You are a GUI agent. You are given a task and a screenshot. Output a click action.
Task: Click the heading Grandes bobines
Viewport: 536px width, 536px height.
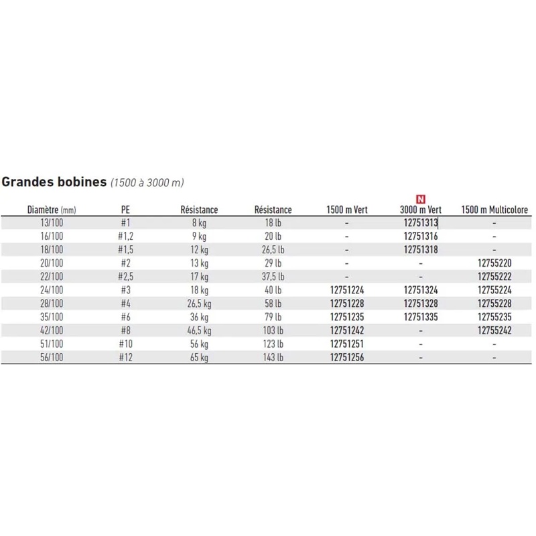pos(55,182)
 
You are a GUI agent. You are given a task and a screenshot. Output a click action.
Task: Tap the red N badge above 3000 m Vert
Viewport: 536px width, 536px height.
pos(421,199)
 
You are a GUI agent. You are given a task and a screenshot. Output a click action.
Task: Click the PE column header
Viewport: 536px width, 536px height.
pos(125,210)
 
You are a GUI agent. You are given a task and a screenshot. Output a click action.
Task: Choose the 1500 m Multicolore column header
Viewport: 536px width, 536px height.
pos(494,210)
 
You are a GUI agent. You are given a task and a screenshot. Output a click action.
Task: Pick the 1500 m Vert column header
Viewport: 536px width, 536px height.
pos(347,210)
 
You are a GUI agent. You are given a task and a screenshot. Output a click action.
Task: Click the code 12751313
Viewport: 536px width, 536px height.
pos(421,222)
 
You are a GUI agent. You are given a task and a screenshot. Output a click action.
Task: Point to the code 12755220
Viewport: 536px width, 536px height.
pos(494,263)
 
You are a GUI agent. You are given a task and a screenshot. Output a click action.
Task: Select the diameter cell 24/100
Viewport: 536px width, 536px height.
pos(46,290)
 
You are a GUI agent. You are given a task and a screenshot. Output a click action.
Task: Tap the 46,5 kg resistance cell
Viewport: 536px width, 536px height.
pos(199,330)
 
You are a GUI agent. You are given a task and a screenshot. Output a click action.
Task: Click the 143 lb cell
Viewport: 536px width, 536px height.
pos(273,357)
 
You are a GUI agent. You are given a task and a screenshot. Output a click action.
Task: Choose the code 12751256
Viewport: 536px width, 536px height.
pos(347,357)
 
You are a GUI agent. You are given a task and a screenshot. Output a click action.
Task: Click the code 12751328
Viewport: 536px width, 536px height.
pos(421,304)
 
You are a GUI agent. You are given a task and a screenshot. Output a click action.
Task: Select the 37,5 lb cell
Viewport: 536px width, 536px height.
pos(273,277)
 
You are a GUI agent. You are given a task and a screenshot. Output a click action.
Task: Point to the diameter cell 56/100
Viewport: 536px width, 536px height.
pos(46,357)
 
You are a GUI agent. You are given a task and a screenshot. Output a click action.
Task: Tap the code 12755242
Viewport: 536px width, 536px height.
pos(494,330)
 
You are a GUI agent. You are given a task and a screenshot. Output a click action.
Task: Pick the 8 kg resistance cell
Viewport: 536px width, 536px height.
pos(199,222)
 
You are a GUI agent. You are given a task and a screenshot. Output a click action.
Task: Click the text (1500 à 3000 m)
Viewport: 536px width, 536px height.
pos(147,182)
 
